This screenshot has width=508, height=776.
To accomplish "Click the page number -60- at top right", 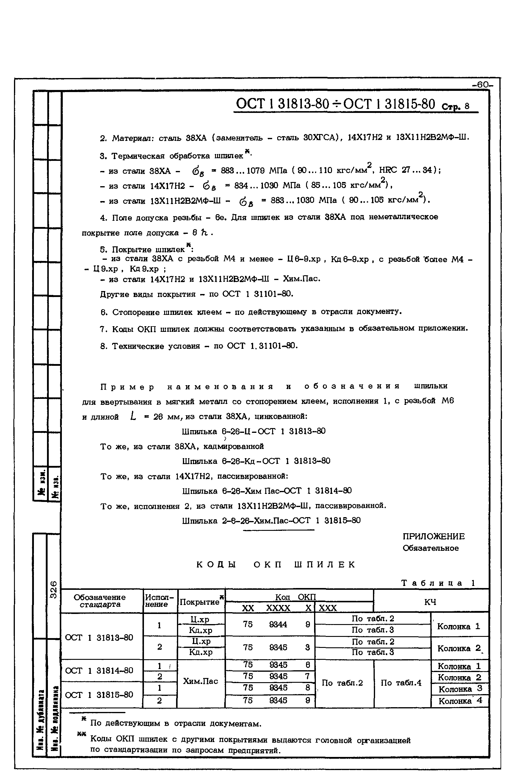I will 483,85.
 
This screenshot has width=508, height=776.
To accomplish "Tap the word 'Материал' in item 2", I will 131,138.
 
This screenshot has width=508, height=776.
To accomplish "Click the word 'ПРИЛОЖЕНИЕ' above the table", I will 433,537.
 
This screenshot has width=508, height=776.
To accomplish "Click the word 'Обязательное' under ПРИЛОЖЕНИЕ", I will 430,548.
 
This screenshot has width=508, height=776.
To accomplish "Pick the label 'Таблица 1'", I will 438,583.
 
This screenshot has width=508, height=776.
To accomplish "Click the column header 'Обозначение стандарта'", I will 100,601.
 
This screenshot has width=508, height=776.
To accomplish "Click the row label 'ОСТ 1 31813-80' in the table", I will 99,637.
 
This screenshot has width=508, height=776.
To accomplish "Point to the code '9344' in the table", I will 278,624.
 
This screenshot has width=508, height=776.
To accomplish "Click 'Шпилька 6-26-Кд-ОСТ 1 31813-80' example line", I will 256,461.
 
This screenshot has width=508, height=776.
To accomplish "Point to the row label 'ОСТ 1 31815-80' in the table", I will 99,695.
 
